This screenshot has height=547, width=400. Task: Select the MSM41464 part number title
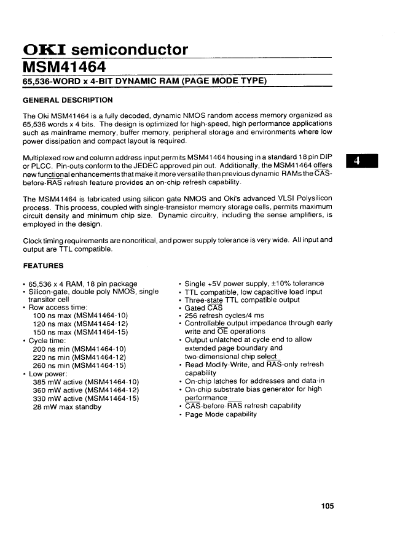(x=64, y=66)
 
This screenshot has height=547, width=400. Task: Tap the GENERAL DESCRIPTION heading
(x=68, y=99)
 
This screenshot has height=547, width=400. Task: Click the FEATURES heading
(x=43, y=266)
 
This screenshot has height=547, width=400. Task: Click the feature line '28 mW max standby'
(x=67, y=407)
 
